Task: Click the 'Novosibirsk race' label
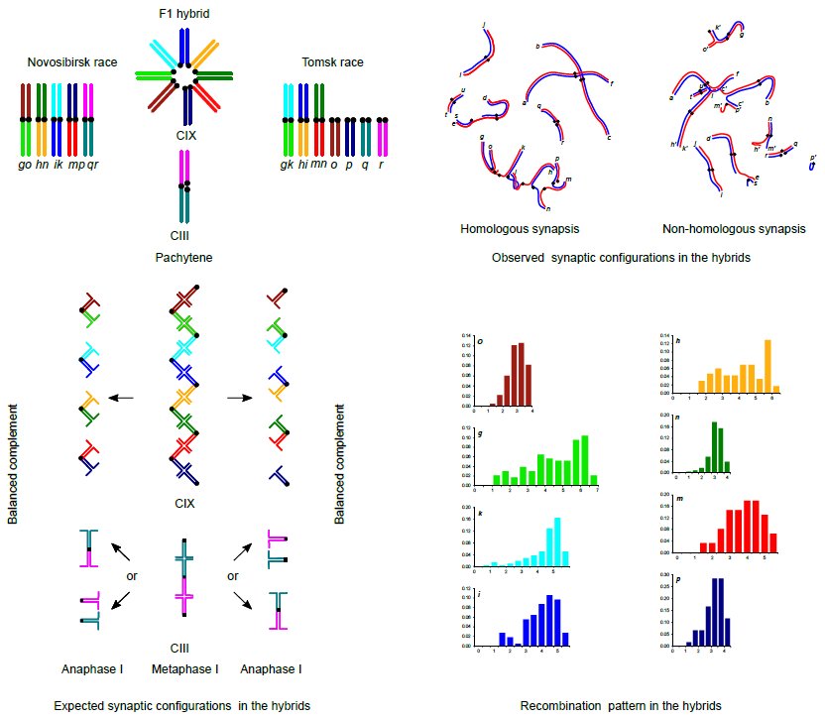point(72,62)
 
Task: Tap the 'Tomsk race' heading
point(332,62)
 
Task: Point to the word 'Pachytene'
point(184,258)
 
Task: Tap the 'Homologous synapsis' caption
point(513,230)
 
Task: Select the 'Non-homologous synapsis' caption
point(733,230)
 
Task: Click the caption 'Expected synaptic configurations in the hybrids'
point(183,706)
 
